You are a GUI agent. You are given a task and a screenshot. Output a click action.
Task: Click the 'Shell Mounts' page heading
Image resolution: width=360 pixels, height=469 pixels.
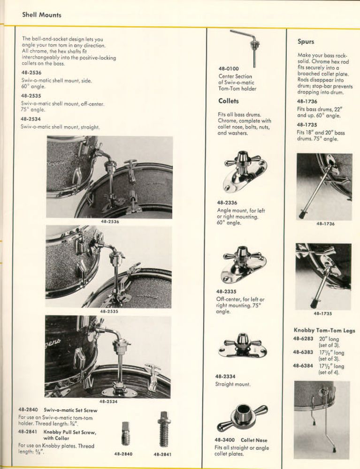coord(42,15)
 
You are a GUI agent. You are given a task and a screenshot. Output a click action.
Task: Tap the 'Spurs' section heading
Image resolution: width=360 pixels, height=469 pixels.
coord(306,42)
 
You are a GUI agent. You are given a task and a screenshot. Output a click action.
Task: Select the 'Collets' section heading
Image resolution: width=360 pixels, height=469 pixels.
coord(228,101)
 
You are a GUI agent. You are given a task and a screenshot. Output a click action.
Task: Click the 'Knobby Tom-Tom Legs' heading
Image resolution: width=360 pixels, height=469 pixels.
coord(324,331)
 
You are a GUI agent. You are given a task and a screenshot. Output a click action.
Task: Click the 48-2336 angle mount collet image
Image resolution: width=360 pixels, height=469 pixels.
coord(245,171)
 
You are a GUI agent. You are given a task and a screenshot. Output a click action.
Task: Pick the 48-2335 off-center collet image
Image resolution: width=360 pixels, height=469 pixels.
coord(244,265)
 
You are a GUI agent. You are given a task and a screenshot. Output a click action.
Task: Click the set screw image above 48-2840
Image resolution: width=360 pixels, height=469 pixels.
coord(126,432)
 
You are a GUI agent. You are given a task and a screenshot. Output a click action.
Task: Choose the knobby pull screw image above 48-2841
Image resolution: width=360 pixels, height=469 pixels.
coord(162,430)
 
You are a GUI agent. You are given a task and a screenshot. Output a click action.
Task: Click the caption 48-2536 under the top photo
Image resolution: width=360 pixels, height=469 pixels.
coord(110,222)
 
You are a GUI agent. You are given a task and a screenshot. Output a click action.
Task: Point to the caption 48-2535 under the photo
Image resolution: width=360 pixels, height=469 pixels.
coord(109,311)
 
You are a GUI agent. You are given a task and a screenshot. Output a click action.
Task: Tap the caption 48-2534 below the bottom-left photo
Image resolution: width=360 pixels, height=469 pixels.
coord(108,401)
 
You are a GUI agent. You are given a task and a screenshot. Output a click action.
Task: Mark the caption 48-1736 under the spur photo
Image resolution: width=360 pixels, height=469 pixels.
coord(325,224)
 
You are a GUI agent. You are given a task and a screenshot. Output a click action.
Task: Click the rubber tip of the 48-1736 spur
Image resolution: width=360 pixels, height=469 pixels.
coord(302,215)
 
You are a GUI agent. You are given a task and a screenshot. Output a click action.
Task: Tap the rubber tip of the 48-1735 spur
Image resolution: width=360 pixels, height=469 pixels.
coord(314,304)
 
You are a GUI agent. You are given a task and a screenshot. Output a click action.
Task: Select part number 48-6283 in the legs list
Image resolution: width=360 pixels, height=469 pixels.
coord(303,339)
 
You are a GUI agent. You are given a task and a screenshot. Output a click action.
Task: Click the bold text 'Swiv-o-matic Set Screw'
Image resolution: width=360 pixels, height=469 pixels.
coord(70,410)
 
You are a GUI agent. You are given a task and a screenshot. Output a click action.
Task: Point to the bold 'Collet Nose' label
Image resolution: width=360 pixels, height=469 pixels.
coord(254,440)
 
